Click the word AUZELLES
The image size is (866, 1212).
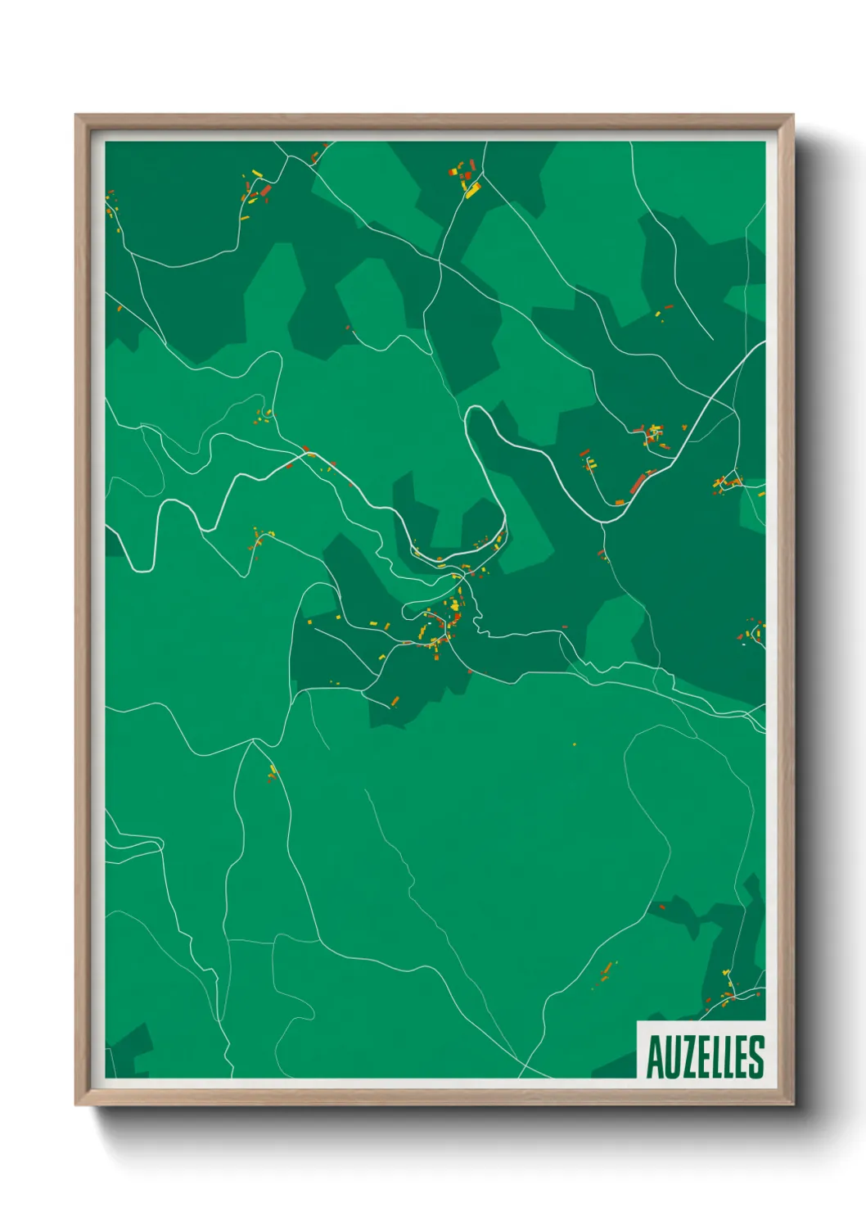click(x=705, y=1056)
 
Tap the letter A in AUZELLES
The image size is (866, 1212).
click(x=655, y=1057)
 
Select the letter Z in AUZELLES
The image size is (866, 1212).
click(x=688, y=1057)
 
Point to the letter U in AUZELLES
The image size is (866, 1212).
click(x=672, y=1057)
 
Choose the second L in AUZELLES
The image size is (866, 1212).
click(x=730, y=1057)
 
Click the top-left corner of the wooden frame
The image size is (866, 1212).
click(x=77, y=115)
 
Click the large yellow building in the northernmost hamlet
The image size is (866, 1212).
click(x=472, y=190)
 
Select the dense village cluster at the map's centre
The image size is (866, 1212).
click(x=442, y=622)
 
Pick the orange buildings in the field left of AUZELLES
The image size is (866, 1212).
click(x=606, y=973)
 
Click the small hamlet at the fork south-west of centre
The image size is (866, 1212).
click(x=273, y=771)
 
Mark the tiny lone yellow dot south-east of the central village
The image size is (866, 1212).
click(x=574, y=744)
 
